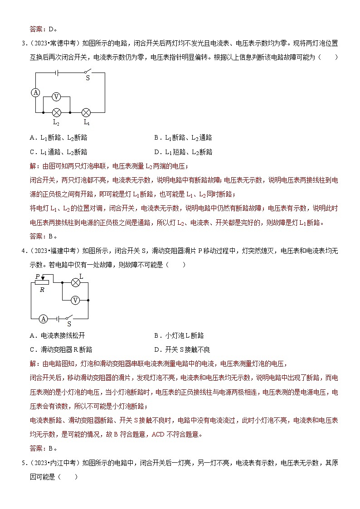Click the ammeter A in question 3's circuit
pos(35,92)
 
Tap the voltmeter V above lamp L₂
pos(56,97)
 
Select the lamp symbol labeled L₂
pos(56,112)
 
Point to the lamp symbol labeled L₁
pos(86,112)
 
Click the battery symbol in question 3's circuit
pos(56,72)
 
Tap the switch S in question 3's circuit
pos(87,72)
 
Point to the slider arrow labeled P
pos(42,277)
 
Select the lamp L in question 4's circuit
pos(76,282)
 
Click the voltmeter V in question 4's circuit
pos(76,300)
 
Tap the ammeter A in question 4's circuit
pos(43,319)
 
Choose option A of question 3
pos(58,138)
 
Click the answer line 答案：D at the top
pos(43,29)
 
